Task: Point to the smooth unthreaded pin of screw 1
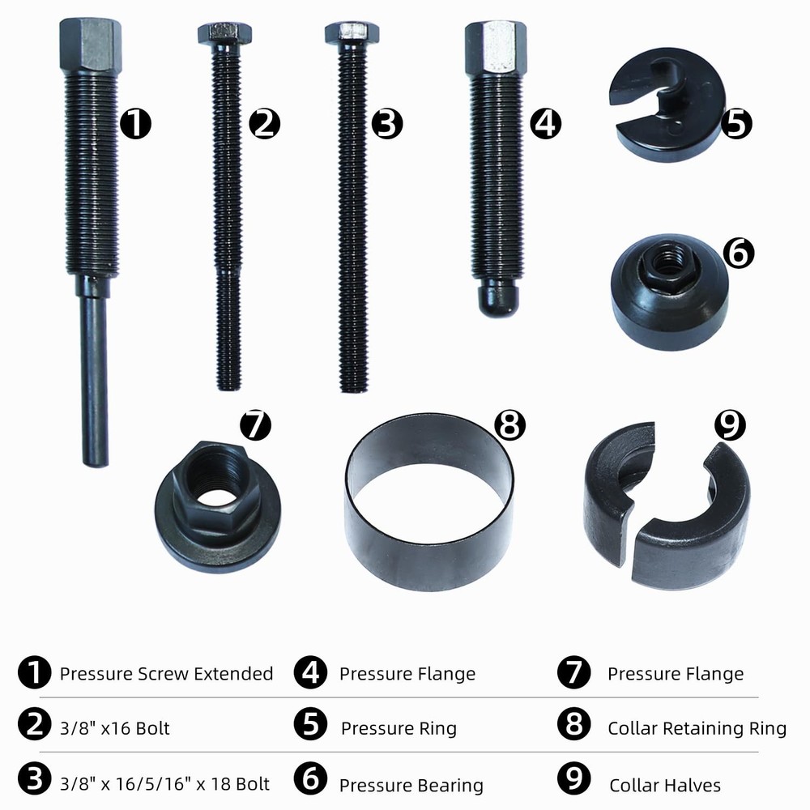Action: [96, 381]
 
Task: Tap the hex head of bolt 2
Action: [224, 33]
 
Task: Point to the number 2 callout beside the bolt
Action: [264, 124]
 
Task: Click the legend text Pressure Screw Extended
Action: [166, 673]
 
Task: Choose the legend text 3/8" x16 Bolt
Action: [115, 727]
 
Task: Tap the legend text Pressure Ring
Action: [399, 727]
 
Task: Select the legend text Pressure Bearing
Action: [411, 784]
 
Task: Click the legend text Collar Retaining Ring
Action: [697, 727]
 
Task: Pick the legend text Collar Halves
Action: [664, 784]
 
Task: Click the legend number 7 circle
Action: [573, 673]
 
